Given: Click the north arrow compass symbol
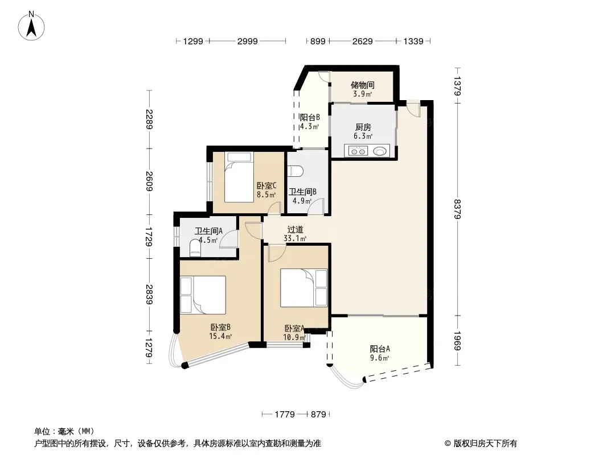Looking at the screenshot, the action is (x=31, y=26).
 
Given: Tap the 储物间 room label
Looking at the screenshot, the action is (x=362, y=85).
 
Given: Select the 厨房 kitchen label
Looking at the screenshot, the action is (x=363, y=127).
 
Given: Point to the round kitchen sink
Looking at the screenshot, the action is (x=380, y=151).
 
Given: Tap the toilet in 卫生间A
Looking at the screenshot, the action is (x=195, y=248).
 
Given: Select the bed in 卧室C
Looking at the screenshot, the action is (x=239, y=177).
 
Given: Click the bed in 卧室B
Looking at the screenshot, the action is (x=203, y=295).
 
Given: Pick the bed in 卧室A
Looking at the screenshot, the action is (x=304, y=288).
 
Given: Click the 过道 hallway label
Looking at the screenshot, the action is (x=295, y=230).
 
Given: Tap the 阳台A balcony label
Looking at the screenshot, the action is (x=379, y=349).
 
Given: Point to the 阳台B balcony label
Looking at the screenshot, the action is (x=310, y=117).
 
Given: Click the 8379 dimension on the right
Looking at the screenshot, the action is (x=457, y=209).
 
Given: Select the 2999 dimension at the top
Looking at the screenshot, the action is (x=247, y=41).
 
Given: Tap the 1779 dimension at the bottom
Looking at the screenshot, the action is (x=285, y=415).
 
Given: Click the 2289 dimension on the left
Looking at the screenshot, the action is (x=149, y=119).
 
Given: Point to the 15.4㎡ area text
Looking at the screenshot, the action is (x=220, y=336).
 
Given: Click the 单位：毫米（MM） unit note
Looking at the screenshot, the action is (x=64, y=432).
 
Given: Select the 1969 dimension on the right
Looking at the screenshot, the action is (x=457, y=341).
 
